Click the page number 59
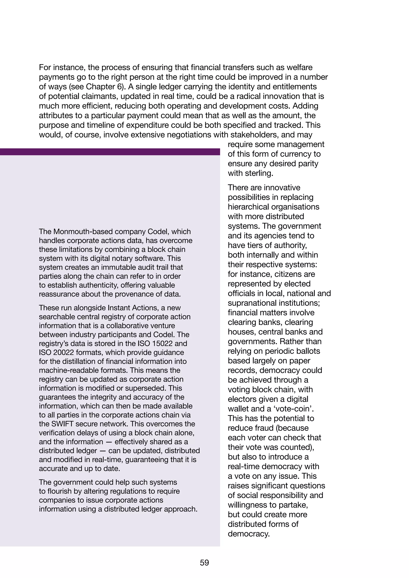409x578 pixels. tap(204, 563)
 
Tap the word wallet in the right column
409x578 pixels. tap(240, 409)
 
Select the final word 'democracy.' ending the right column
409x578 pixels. tap(249, 534)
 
